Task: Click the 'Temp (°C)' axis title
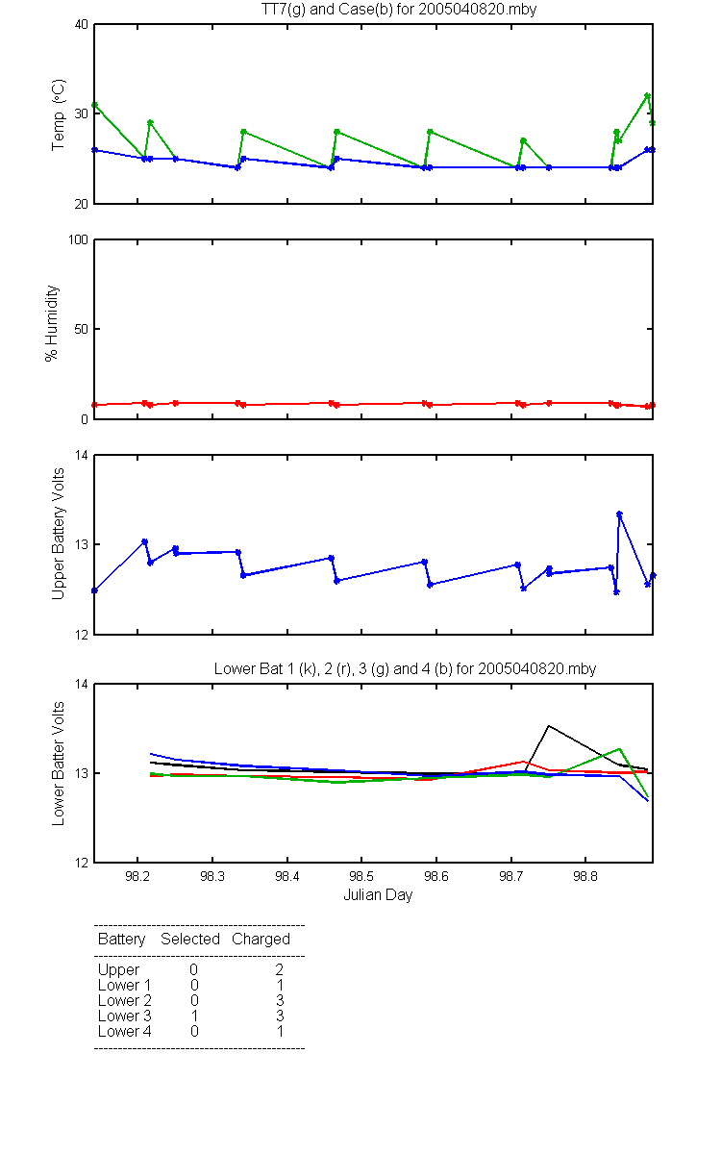click(x=59, y=114)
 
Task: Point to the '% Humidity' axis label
click(x=52, y=323)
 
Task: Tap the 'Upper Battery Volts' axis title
click(x=59, y=534)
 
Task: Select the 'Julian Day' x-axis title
click(x=378, y=895)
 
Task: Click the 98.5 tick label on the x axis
click(x=361, y=876)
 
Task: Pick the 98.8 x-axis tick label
click(x=585, y=876)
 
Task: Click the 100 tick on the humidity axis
click(x=78, y=239)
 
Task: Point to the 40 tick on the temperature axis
click(x=82, y=24)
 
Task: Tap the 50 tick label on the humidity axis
click(x=82, y=329)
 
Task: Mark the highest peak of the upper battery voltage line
click(x=619, y=514)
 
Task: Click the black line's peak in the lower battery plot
click(x=549, y=726)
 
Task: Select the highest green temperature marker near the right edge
click(x=647, y=96)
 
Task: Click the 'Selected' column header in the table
click(x=190, y=940)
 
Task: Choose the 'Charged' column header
click(x=261, y=940)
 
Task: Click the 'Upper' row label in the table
click(x=118, y=970)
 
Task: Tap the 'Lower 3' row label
click(x=125, y=1016)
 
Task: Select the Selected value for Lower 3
click(x=194, y=1016)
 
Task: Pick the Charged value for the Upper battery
click(x=279, y=969)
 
